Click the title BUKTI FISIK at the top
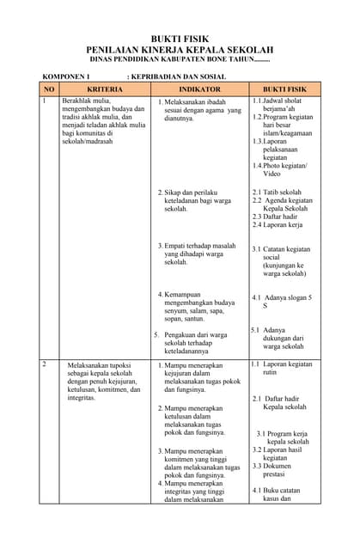click(181, 40)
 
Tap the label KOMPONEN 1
click(67, 76)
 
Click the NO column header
click(49, 89)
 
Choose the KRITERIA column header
click(105, 89)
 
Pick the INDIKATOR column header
click(199, 89)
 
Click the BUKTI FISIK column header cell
click(284, 89)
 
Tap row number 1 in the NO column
click(45, 101)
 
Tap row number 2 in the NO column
click(45, 364)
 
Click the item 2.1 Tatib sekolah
click(277, 192)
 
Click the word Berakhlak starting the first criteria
click(78, 101)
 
